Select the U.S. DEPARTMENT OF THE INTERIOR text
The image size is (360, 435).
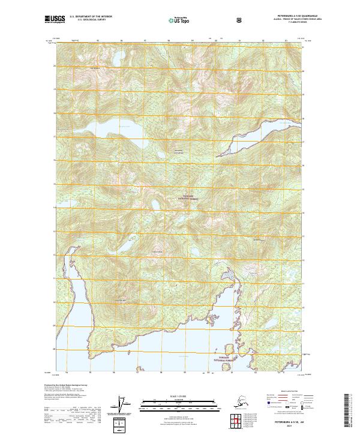(91, 17)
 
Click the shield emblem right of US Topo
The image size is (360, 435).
(239, 19)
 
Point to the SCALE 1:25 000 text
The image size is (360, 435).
(179, 395)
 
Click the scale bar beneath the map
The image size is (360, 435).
(179, 401)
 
